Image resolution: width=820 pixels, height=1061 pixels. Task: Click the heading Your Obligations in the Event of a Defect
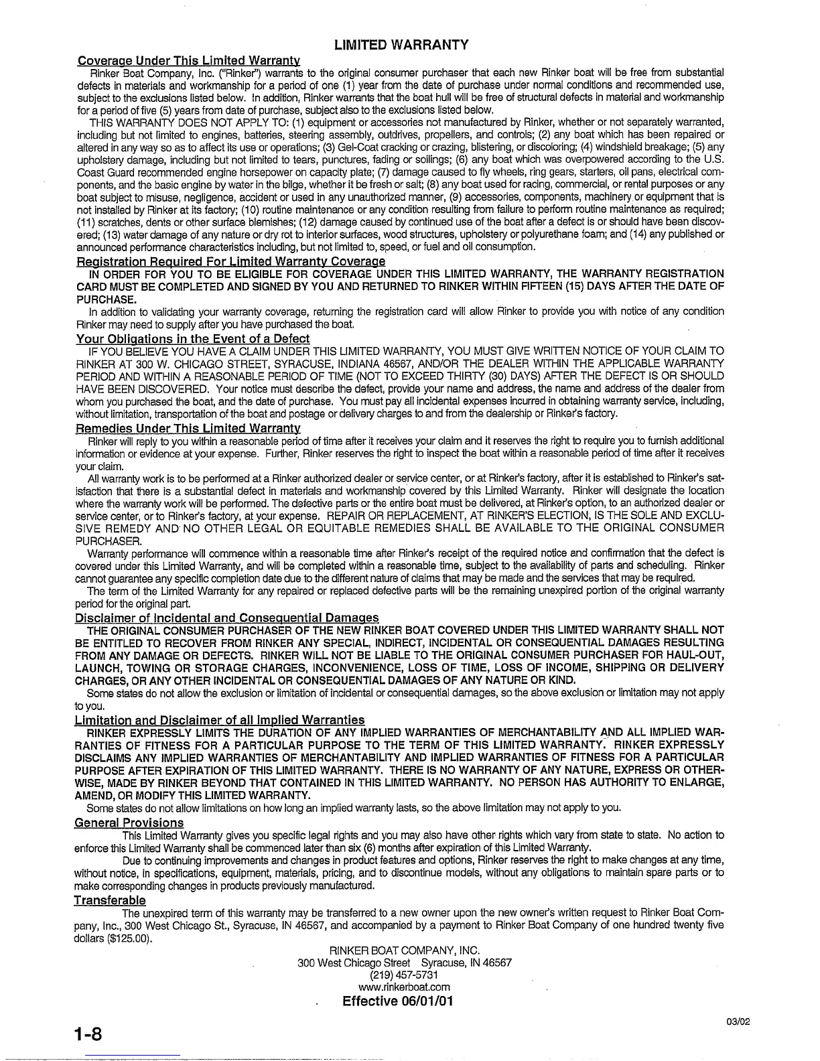[x=194, y=338]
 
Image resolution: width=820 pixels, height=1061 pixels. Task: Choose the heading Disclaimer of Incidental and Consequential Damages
[x=227, y=618]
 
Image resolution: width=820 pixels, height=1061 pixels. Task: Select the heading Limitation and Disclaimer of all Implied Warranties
[x=220, y=720]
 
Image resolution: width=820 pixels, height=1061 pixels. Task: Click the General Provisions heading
[x=129, y=823]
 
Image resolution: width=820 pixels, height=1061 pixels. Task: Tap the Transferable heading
[x=110, y=900]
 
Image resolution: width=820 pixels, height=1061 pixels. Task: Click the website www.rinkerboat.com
[x=404, y=987]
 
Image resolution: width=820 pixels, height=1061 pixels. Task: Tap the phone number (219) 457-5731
[x=404, y=975]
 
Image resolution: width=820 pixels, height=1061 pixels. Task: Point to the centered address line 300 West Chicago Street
[x=404, y=963]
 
